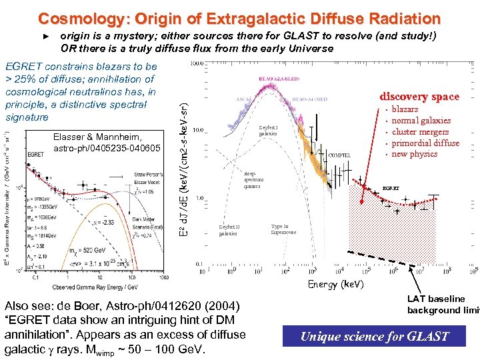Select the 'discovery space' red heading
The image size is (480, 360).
coord(419,97)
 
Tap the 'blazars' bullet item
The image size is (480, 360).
coord(405,109)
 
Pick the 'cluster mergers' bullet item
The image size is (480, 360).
coord(420,132)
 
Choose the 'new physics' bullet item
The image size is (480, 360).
coord(415,154)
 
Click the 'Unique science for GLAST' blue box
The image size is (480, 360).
coord(375,336)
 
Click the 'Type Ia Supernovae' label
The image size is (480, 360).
coord(283,229)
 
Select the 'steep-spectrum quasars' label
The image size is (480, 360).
coord(254,180)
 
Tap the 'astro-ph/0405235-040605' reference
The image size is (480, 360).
coord(107,147)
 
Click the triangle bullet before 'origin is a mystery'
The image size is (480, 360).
coord(46,36)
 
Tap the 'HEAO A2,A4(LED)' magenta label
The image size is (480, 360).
coord(271,78)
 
